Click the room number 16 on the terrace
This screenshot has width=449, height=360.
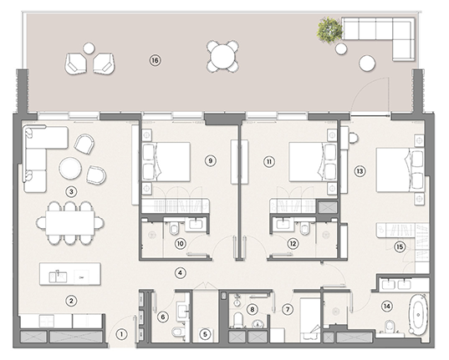click(x=154, y=59)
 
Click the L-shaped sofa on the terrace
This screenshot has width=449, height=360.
click(x=380, y=34)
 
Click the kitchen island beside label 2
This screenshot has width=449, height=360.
click(x=70, y=274)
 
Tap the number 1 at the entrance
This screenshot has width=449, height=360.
click(x=120, y=333)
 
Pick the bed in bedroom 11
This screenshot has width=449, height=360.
click(x=307, y=160)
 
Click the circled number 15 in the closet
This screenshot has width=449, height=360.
click(x=400, y=246)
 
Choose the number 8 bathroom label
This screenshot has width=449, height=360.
click(x=252, y=309)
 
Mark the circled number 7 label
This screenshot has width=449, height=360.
click(x=288, y=309)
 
